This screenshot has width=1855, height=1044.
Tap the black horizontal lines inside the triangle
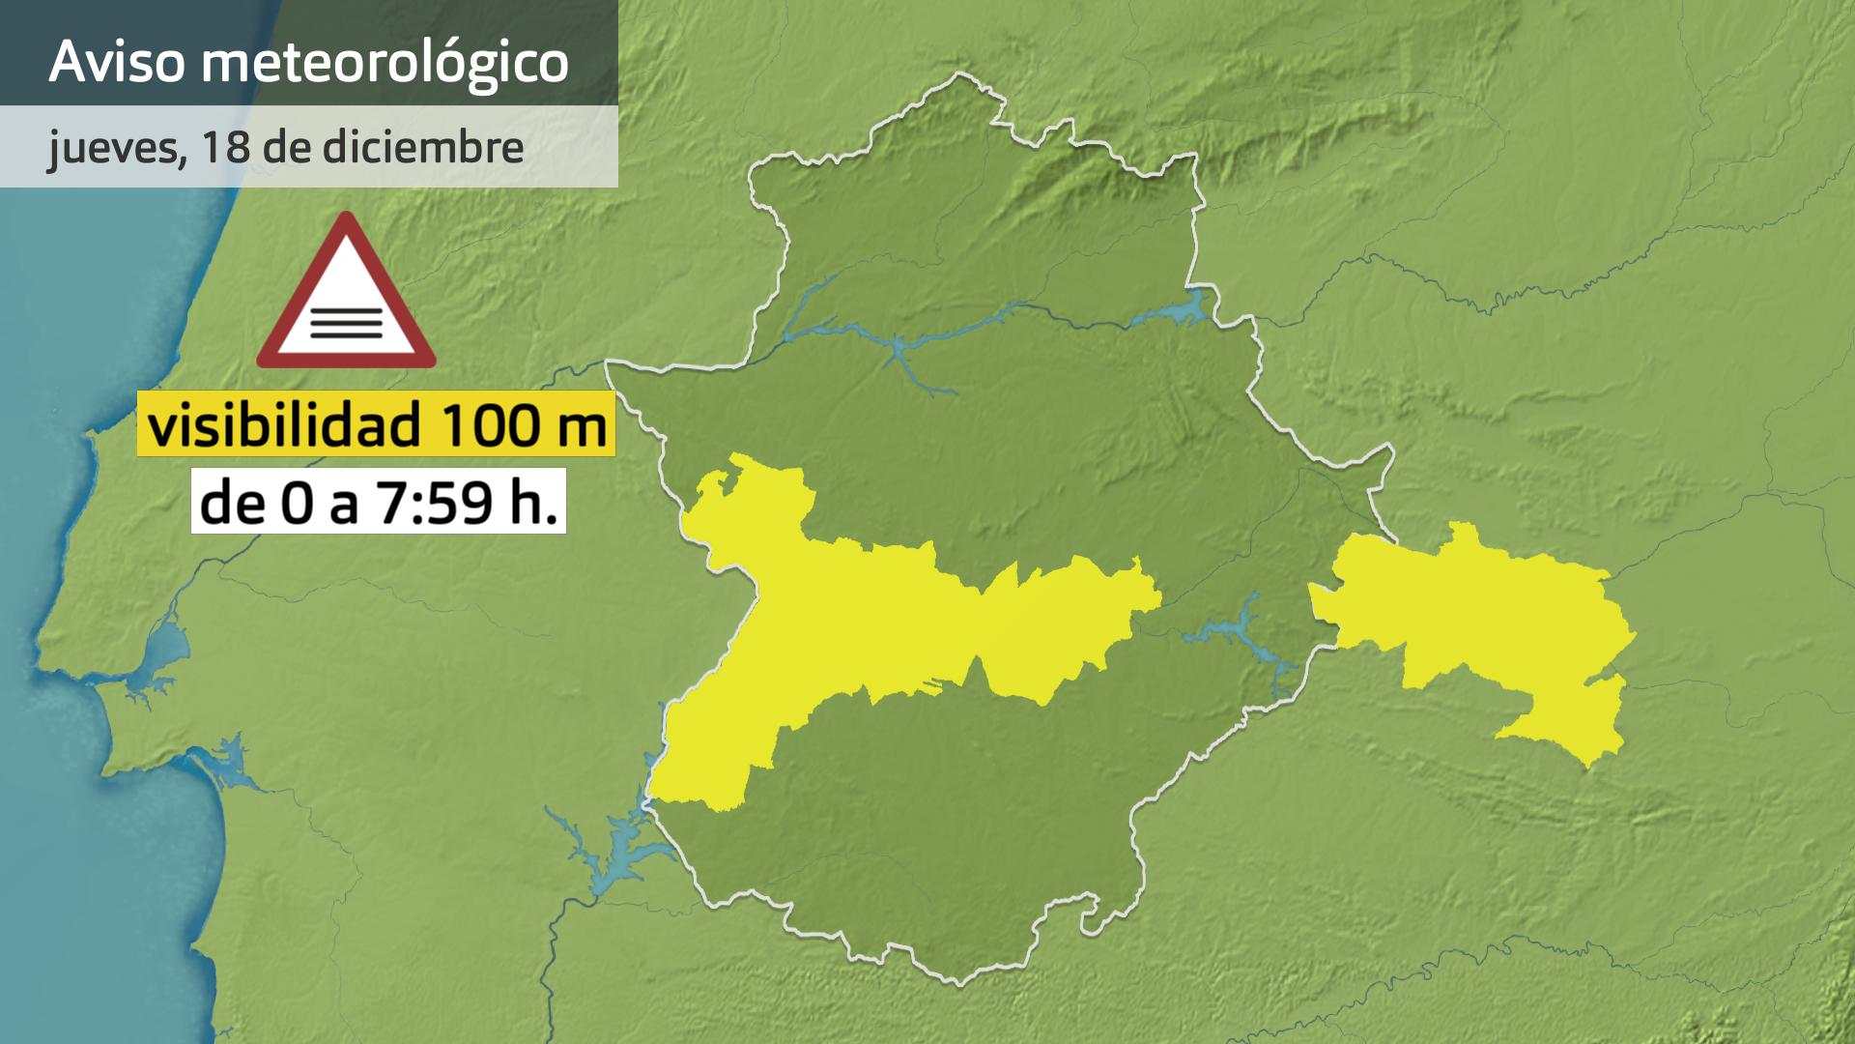click(x=346, y=320)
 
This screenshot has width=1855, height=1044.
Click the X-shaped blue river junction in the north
click(x=898, y=349)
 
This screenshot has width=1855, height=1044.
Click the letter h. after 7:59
click(x=541, y=502)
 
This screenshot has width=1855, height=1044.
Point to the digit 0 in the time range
click(x=296, y=503)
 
